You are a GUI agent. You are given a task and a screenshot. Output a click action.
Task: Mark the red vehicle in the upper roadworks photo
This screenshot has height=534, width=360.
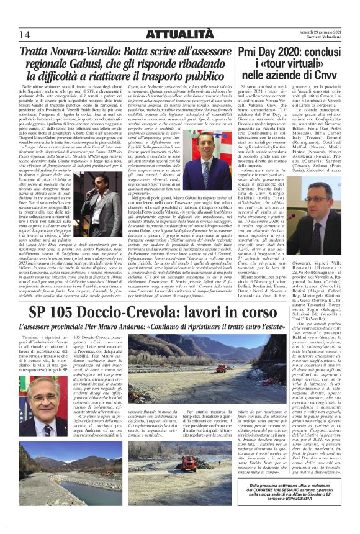pos(221,368)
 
